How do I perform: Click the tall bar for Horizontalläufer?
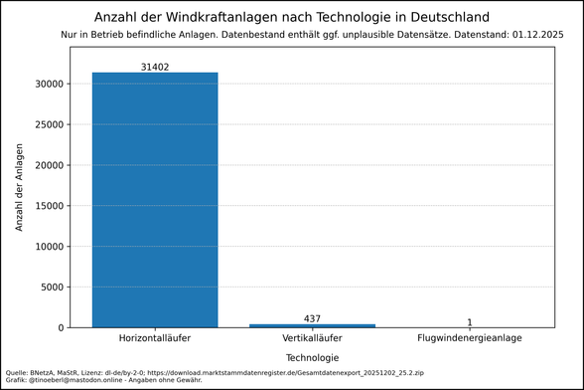pyautogui.click(x=155, y=199)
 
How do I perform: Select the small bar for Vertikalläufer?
pyautogui.click(x=312, y=325)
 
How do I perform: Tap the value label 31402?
pyautogui.click(x=155, y=66)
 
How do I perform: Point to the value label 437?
pyautogui.click(x=312, y=318)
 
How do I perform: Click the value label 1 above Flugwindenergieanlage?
pyautogui.click(x=470, y=321)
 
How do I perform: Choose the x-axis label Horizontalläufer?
pyautogui.click(x=155, y=339)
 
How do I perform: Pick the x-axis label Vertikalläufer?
pyautogui.click(x=312, y=339)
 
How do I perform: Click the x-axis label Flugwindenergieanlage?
pyautogui.click(x=470, y=339)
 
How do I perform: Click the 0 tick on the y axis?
pyautogui.click(x=63, y=327)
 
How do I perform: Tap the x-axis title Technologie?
pyautogui.click(x=312, y=357)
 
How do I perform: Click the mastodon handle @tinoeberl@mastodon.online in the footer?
pyautogui.click(x=84, y=379)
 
